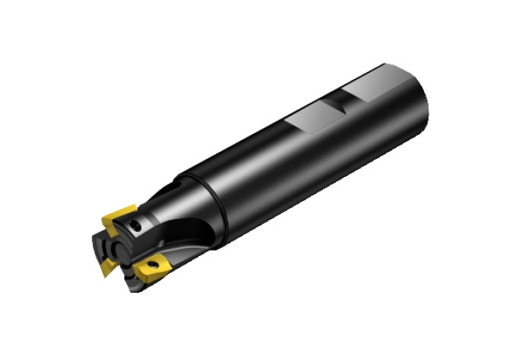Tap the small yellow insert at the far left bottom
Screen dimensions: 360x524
[x=106, y=267]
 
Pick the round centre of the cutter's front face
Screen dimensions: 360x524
[x=119, y=250]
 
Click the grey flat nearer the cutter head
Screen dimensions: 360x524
[x=307, y=122]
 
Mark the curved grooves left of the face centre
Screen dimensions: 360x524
[x=104, y=248]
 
